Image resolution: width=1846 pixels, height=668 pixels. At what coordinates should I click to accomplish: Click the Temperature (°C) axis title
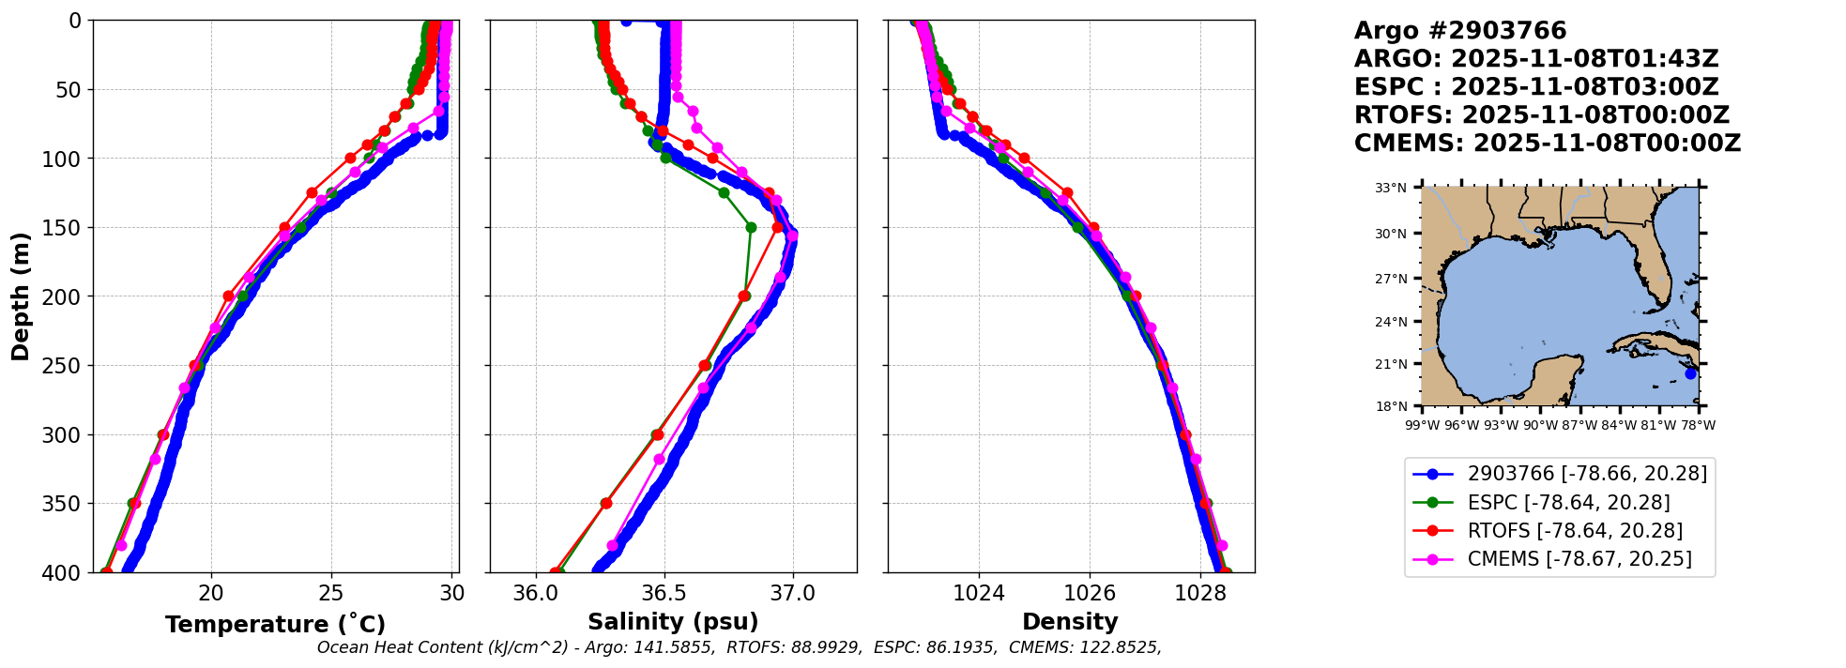pos(275,625)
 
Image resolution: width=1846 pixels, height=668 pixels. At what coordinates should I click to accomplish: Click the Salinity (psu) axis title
pos(673,622)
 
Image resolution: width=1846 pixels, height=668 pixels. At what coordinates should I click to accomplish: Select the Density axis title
pos(1070,622)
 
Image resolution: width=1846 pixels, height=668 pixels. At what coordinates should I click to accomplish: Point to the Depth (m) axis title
pos(21,296)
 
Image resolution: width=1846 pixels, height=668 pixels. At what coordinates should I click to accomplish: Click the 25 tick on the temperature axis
pos(331,593)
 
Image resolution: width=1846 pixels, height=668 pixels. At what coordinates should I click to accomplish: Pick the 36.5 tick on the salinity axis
pos(664,593)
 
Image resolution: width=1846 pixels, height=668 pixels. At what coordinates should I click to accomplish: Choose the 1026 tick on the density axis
pos(1090,593)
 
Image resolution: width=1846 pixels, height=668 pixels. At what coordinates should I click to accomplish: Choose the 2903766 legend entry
pos(1561,474)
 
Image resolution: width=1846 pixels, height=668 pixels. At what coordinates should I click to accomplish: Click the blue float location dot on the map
pos(1690,373)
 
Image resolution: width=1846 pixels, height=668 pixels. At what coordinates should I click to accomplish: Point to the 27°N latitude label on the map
pos(1391,279)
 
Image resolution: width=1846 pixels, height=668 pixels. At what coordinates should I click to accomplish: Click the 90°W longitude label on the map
pos(1540,425)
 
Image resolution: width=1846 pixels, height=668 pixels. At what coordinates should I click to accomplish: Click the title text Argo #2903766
pos(1460,31)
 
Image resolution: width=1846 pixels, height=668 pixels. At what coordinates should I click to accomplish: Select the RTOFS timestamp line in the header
pos(1542,115)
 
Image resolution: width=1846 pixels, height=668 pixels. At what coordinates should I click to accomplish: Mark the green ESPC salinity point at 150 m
pos(751,227)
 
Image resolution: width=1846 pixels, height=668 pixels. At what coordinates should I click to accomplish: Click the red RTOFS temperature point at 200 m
pos(228,296)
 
